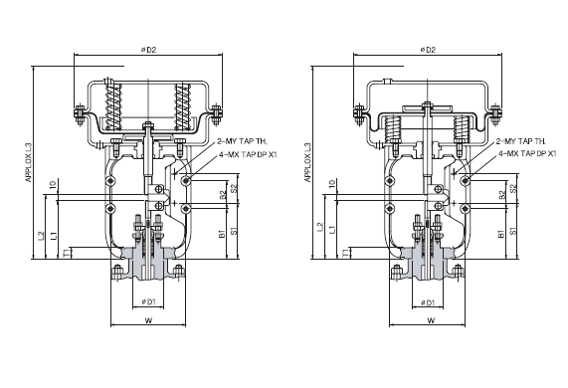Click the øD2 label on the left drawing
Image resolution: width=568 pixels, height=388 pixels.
click(x=146, y=50)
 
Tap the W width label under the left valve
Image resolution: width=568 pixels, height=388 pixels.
click(x=146, y=320)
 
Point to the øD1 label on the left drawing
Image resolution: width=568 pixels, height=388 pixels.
click(x=146, y=300)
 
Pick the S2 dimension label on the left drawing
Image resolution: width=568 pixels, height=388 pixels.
click(x=235, y=186)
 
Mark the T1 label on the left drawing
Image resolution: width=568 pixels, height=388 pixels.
click(x=67, y=255)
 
